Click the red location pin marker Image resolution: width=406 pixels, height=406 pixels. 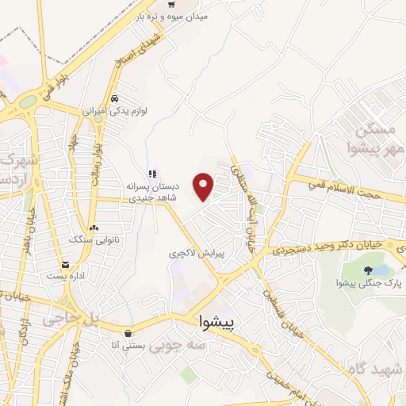coord(205,186)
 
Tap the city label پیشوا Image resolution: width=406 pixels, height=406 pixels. coord(216,324)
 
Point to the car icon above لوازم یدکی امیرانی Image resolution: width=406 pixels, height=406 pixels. coord(116,99)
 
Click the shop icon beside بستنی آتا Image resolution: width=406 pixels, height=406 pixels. coord(129,332)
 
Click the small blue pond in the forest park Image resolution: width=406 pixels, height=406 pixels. coord(382,270)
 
